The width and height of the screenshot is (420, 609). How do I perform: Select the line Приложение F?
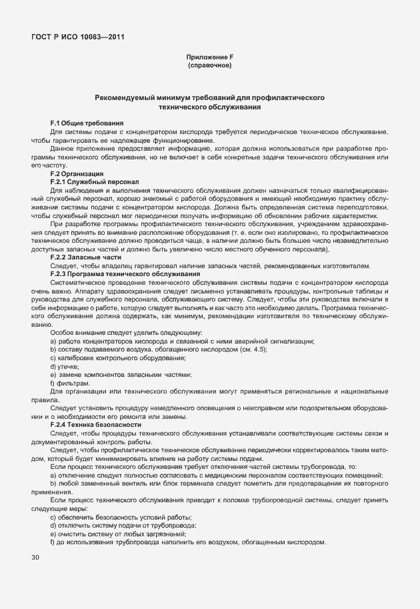[209, 58]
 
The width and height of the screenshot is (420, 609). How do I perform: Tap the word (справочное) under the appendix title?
[209, 66]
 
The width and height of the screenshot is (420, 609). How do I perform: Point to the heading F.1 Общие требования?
[87, 123]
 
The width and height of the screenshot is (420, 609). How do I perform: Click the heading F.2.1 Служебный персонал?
[94, 181]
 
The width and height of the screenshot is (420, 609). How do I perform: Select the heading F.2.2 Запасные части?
[86, 257]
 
